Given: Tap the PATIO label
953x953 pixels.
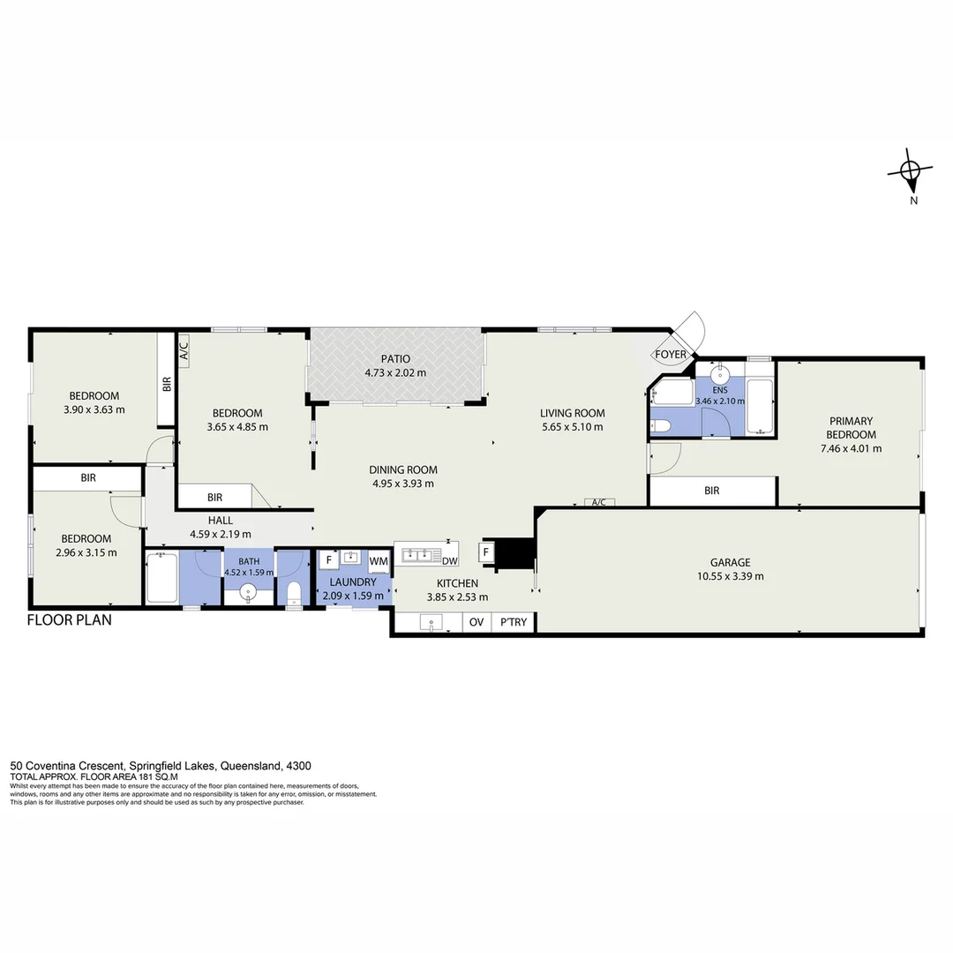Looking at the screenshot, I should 395,359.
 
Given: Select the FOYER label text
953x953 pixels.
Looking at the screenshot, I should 670,355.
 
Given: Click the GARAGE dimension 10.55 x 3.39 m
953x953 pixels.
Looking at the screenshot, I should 731,576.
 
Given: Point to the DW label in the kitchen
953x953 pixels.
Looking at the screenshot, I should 449,561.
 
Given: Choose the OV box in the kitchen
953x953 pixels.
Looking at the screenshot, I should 476,623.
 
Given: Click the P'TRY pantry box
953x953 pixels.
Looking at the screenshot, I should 513,623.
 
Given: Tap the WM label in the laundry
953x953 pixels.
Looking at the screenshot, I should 379,560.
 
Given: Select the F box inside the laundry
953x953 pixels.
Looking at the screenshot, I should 328,559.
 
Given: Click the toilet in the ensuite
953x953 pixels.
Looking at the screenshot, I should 662,427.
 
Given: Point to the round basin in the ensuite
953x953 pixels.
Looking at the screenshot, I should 718,371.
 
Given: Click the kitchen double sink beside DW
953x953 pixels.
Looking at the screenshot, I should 419,555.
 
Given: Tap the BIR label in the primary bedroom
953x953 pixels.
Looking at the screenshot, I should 712,491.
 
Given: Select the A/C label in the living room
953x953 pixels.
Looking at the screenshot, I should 598,502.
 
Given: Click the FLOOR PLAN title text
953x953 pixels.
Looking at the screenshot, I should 70,619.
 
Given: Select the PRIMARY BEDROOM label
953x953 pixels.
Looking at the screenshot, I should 851,428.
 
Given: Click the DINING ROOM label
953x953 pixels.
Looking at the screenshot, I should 402,469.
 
